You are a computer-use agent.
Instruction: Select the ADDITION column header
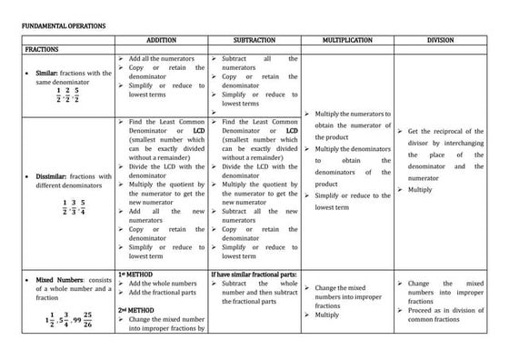tap(161, 41)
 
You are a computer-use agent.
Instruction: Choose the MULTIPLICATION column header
tap(347, 41)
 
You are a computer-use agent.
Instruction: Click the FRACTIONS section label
tap(42, 50)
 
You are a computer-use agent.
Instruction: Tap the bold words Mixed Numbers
tap(60, 281)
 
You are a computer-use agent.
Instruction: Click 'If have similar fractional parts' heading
tap(252, 273)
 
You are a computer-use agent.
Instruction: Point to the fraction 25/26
tap(89, 322)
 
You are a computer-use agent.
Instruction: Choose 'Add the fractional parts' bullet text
tap(164, 292)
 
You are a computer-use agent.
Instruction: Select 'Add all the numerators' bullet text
tap(164, 59)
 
